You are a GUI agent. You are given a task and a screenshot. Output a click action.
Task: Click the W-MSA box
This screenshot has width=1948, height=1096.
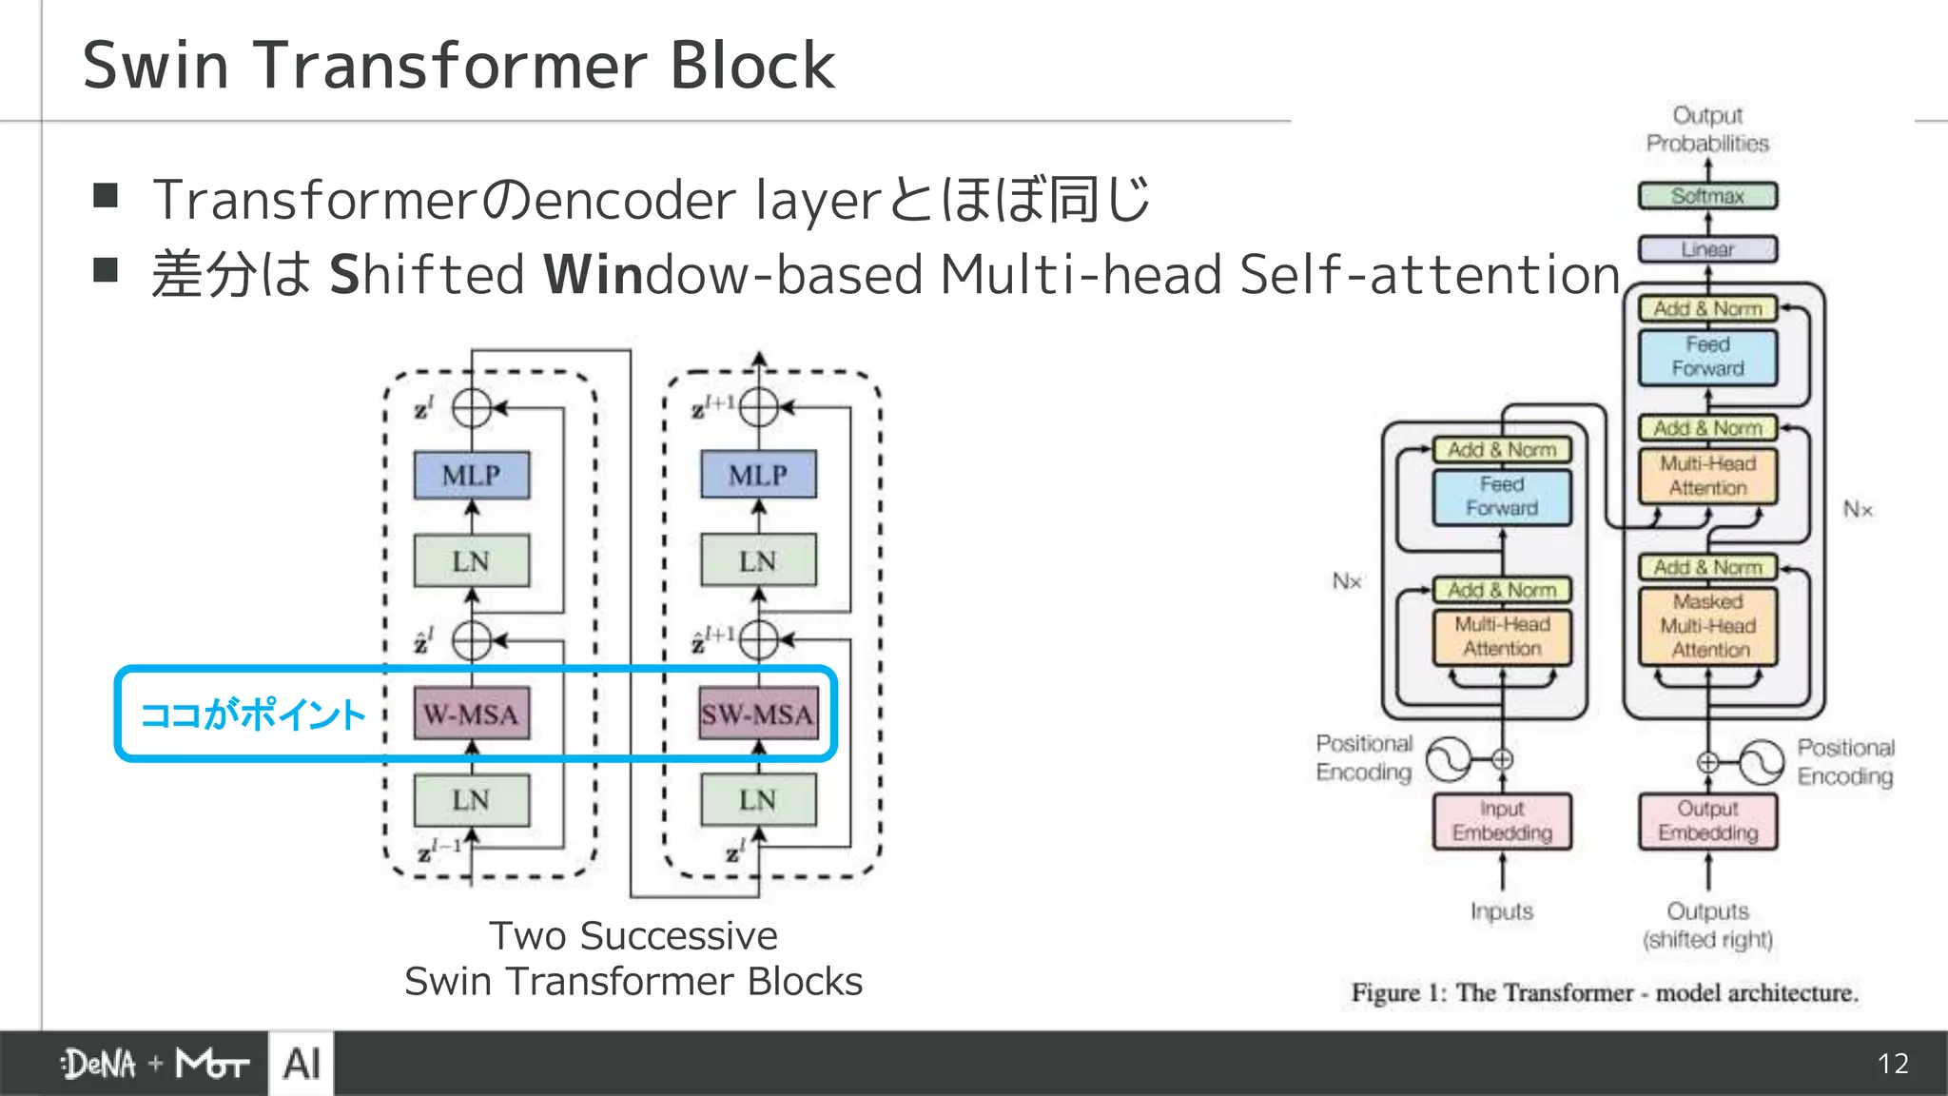coord(471,714)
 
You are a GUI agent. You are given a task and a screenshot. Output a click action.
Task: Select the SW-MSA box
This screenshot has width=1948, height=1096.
coord(758,714)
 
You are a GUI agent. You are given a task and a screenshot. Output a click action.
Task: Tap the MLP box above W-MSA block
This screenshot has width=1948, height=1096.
coord(471,475)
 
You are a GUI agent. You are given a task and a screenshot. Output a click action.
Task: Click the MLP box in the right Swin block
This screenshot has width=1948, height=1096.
coord(758,475)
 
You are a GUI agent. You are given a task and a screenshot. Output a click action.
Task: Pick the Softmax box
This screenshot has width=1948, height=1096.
coord(1707,196)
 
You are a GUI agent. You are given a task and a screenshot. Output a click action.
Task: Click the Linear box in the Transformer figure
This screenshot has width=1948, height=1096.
coord(1707,249)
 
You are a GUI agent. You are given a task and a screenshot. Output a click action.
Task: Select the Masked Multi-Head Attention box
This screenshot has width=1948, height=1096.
coord(1707,626)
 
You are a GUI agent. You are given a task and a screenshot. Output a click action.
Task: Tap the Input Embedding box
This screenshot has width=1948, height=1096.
coord(1502,820)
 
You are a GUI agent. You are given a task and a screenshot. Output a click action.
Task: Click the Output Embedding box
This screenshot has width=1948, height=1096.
coord(1707,820)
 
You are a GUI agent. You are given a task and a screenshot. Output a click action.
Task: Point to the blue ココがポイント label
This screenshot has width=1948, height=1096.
coord(253,714)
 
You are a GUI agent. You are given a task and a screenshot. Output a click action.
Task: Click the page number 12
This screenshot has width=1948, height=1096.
coord(1892,1064)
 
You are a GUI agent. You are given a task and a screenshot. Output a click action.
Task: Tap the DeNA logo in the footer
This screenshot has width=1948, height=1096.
coord(99,1064)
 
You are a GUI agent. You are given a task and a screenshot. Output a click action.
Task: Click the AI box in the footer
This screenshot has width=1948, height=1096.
coord(302,1064)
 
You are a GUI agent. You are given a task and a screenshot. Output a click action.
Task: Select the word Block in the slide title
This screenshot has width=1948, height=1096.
coord(751,66)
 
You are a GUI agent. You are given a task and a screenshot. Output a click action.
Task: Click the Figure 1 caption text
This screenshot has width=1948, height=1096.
coord(1604,992)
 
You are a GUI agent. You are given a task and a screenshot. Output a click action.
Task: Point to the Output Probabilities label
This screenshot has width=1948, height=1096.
coord(1707,129)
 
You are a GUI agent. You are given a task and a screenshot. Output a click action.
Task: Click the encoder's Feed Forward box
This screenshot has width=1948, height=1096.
coord(1502,497)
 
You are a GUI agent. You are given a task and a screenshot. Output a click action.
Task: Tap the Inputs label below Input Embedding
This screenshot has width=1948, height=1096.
coord(1502,911)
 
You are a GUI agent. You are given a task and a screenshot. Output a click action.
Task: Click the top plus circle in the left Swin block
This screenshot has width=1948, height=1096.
coord(471,408)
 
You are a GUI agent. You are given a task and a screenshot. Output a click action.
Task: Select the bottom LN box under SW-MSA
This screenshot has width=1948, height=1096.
coord(758,800)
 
